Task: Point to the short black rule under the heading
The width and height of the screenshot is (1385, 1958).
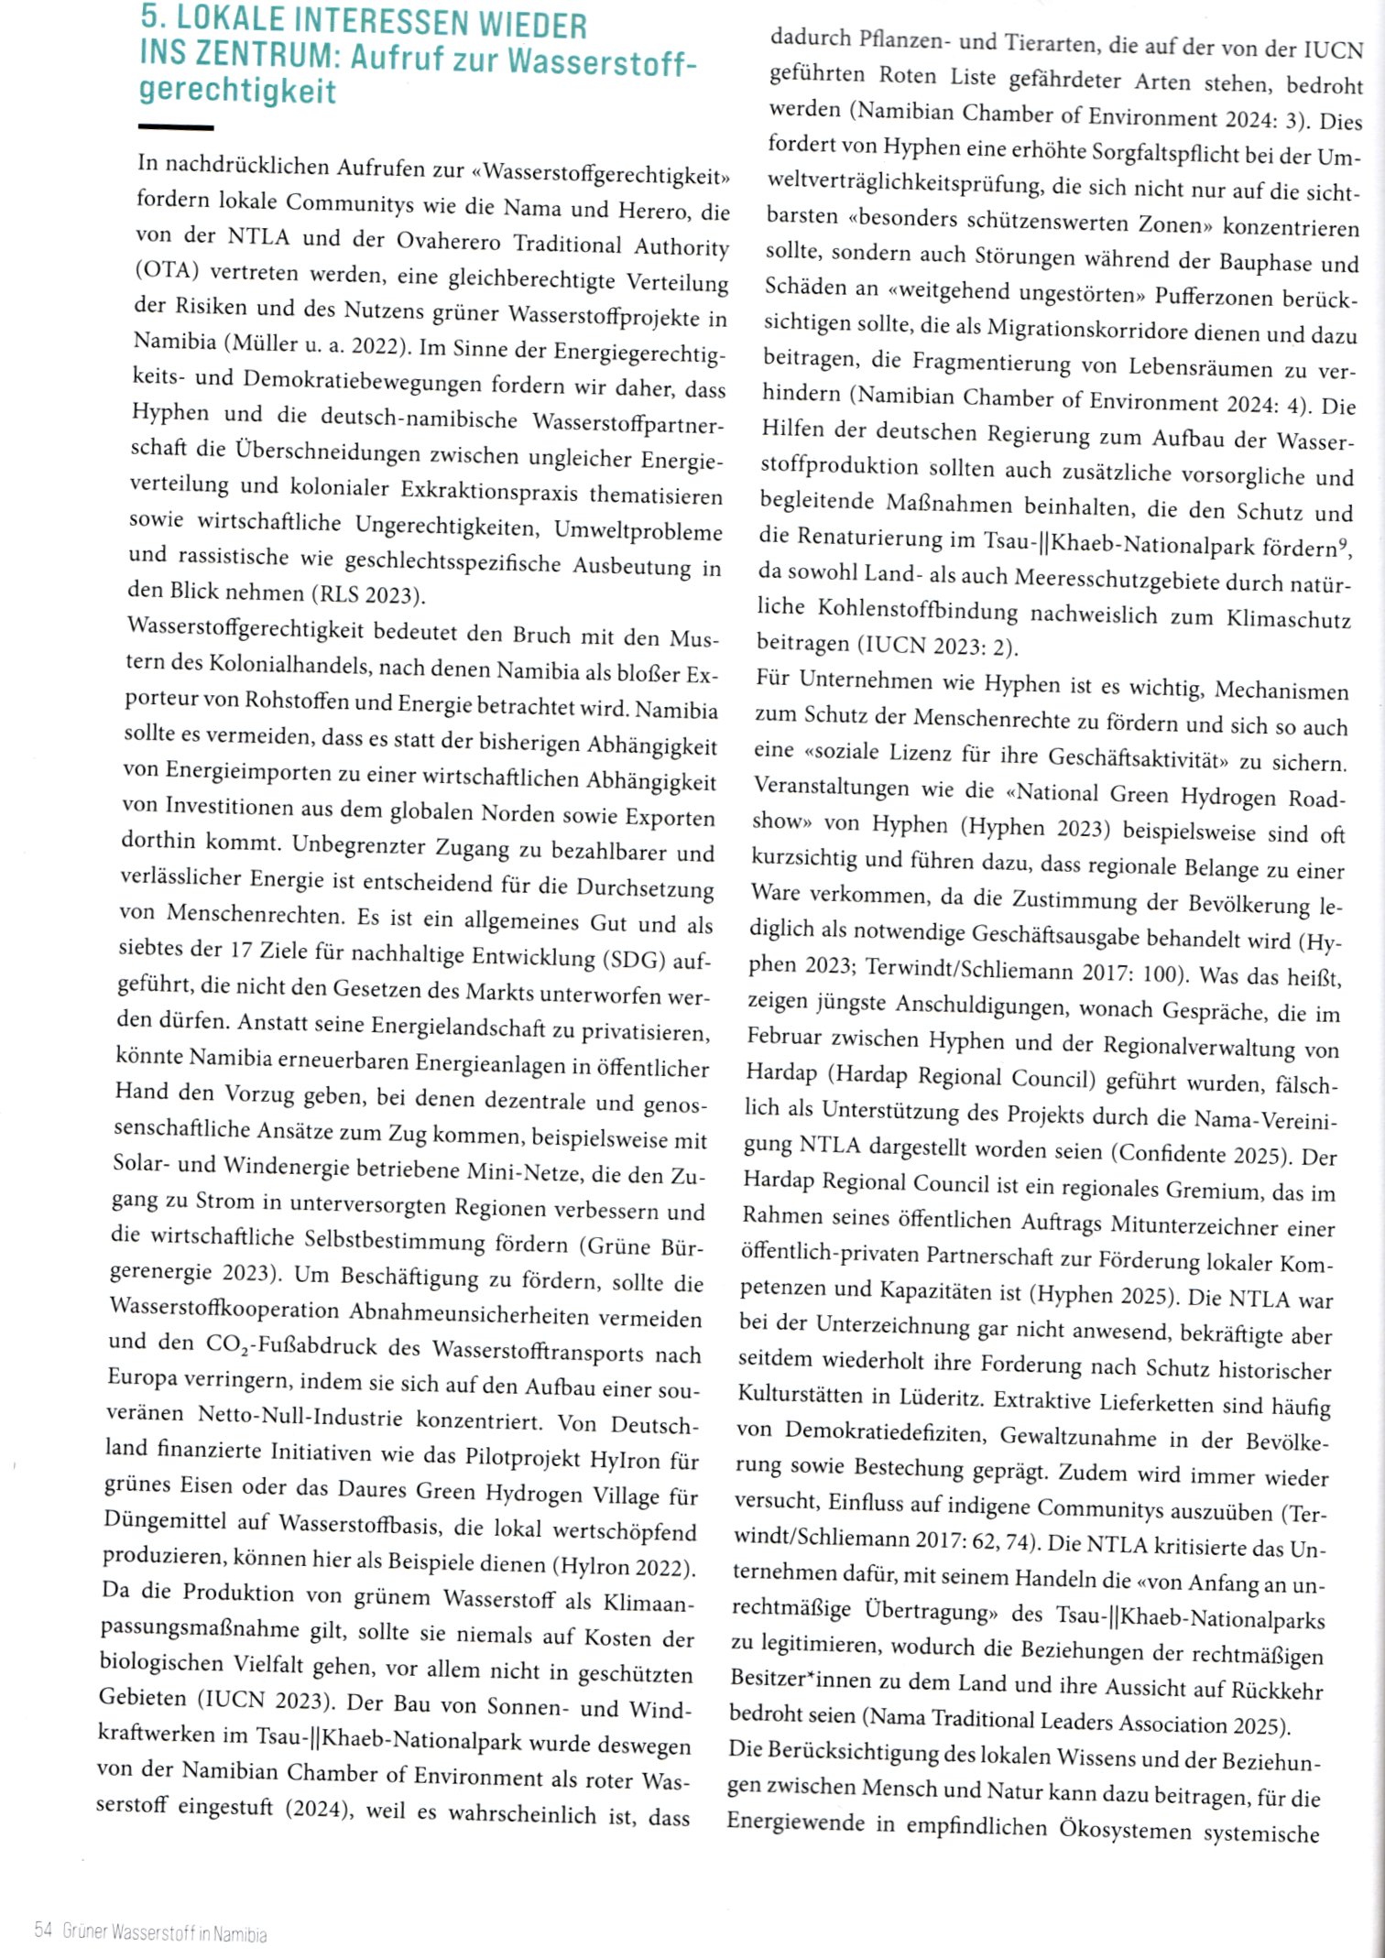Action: [176, 127]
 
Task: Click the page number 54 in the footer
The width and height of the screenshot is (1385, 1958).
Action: [43, 1930]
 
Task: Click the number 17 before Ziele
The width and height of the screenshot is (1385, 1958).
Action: [240, 950]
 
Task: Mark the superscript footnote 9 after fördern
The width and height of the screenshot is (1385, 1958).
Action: [1342, 546]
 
